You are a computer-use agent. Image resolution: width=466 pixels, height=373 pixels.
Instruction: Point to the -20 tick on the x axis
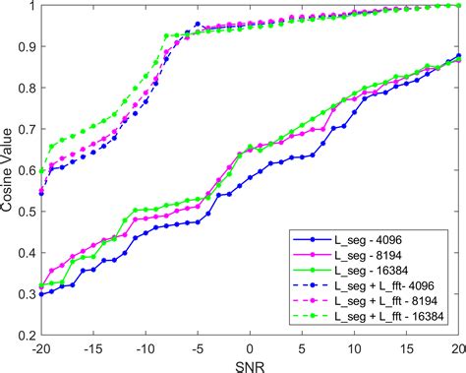pos(40,346)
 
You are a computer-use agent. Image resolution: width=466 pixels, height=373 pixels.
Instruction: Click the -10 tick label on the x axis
pos(145,346)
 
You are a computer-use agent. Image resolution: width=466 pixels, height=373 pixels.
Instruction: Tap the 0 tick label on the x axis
pos(250,346)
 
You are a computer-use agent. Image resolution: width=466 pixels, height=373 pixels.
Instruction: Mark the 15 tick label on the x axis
pos(406,346)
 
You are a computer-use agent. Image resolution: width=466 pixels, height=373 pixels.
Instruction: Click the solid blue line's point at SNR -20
pos(40,294)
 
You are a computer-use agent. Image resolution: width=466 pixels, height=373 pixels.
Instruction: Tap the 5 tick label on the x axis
pos(302,346)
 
